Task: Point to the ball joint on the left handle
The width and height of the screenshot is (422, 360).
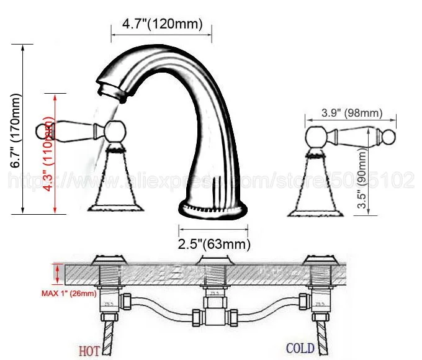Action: (114, 132)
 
